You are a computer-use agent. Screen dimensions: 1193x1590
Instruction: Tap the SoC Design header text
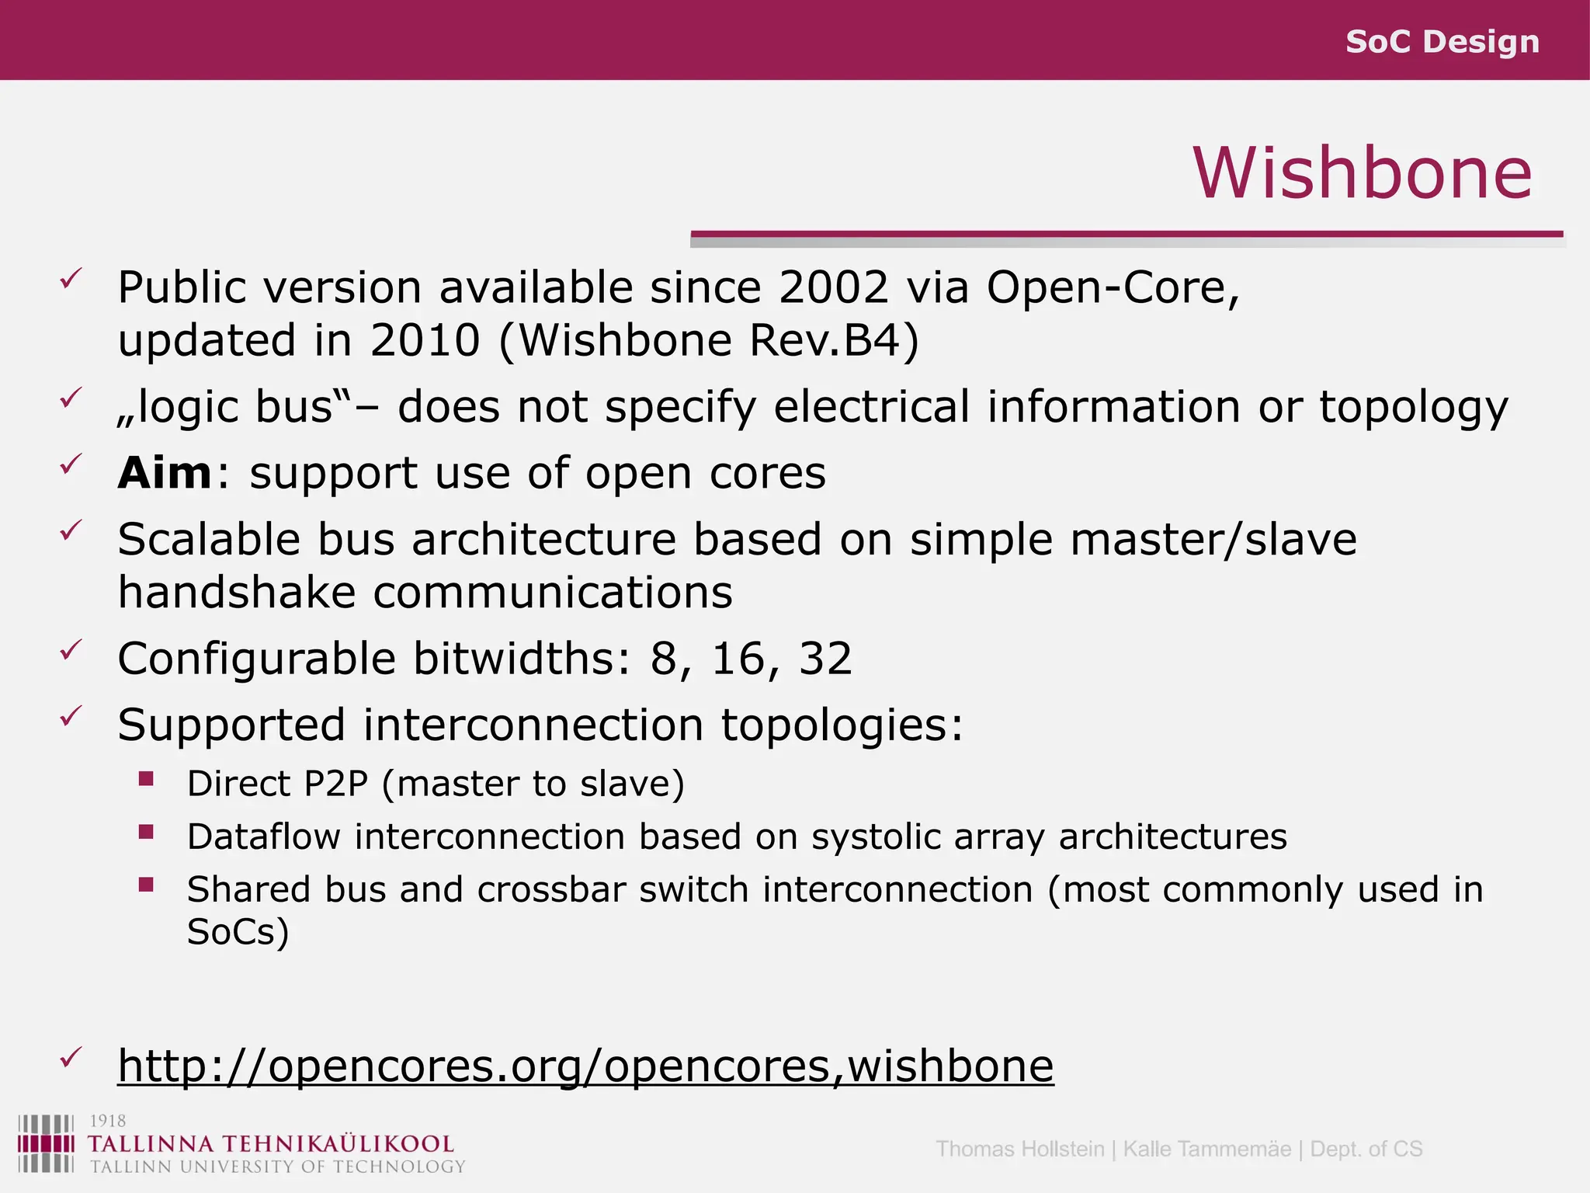coord(1442,41)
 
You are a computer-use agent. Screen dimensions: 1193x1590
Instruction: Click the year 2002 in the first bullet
coord(833,287)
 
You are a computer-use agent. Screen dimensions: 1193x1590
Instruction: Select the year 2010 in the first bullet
coord(425,340)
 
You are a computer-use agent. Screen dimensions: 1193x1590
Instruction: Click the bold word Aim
coord(164,473)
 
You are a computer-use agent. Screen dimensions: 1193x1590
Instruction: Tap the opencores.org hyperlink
coord(585,1065)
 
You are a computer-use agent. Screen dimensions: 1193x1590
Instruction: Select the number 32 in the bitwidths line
coord(825,659)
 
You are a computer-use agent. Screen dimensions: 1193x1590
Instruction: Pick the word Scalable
coord(209,539)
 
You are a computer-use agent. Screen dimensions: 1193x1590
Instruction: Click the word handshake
coord(237,593)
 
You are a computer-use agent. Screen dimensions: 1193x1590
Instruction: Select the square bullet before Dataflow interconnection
coord(146,833)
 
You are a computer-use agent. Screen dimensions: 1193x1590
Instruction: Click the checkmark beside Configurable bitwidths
coord(71,651)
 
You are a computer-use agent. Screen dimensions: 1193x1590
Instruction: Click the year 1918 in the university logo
coord(107,1121)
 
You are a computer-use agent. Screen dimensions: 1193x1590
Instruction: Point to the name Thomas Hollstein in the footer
coord(1019,1149)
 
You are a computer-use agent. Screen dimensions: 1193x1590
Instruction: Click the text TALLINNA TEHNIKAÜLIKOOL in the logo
coord(271,1144)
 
